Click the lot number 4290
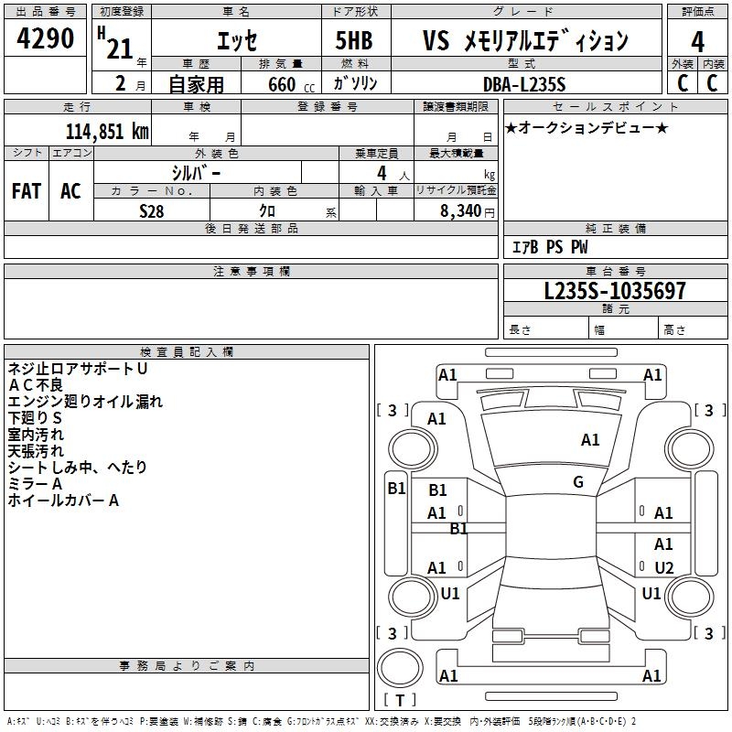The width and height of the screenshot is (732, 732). [x=45, y=40]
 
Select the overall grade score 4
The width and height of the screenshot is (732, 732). [x=697, y=42]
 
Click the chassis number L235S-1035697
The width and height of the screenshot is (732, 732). [x=614, y=291]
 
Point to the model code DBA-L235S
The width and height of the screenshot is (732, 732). [x=524, y=84]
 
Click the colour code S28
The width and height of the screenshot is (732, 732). [x=152, y=210]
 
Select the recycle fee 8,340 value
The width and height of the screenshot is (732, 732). [x=455, y=210]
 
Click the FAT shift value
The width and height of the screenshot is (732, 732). [x=26, y=190]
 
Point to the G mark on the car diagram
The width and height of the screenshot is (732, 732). [x=578, y=482]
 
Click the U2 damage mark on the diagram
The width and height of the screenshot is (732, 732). [x=664, y=568]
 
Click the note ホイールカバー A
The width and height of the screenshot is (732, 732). [x=63, y=501]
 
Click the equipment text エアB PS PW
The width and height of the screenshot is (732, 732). [x=549, y=247]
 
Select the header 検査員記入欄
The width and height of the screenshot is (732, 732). [x=187, y=352]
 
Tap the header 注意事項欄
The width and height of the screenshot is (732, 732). [x=251, y=272]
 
